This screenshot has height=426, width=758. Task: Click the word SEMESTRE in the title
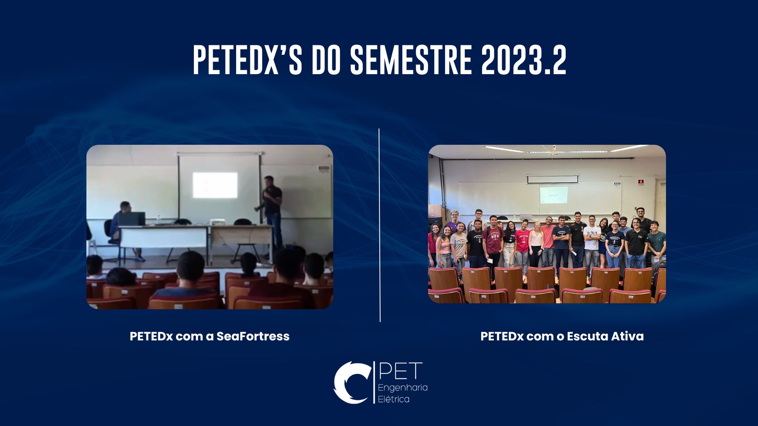[x=411, y=60]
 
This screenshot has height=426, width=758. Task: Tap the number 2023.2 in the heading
[x=524, y=60]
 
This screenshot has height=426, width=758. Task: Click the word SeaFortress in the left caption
[x=253, y=336]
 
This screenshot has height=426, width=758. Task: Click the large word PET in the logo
[x=400, y=371]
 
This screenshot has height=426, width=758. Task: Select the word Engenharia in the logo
[x=403, y=388]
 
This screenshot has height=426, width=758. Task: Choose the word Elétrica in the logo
[x=394, y=399]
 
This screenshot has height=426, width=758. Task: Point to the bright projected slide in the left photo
[x=215, y=185]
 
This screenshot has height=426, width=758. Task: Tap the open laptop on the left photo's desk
[x=132, y=219]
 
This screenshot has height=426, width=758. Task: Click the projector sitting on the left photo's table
[x=217, y=222]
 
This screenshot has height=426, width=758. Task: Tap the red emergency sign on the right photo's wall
[x=641, y=182]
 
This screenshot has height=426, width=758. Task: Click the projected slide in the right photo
[x=553, y=195]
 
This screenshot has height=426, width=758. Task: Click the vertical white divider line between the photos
[x=380, y=225]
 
